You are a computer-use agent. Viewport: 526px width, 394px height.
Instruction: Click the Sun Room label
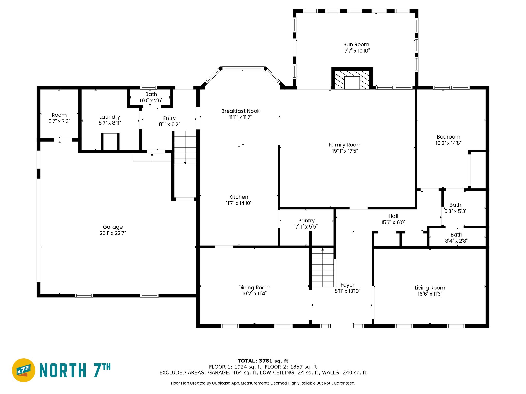tap(356, 45)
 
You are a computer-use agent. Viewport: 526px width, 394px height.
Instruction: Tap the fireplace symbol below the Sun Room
tap(352, 78)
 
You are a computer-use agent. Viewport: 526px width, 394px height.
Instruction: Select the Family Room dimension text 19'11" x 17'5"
tap(345, 151)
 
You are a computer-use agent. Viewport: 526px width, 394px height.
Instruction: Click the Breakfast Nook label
tap(240, 111)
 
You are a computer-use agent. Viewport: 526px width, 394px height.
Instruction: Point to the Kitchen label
tap(239, 197)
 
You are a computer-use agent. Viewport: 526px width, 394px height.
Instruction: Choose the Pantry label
tap(306, 221)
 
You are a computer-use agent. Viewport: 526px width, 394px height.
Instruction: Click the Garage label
tap(113, 227)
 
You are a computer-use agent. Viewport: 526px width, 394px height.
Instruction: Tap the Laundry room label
tap(110, 117)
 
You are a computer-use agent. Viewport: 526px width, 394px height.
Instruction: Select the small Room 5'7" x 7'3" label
tap(59, 118)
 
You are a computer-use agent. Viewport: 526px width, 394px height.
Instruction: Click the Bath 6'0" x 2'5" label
tap(151, 97)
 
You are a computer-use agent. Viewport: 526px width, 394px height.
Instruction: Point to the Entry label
tap(170, 118)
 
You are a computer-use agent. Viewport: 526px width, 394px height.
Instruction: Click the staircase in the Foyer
tap(323, 268)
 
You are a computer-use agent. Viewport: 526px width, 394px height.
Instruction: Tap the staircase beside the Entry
tap(185, 147)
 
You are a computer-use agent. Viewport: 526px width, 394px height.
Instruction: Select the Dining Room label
tap(254, 288)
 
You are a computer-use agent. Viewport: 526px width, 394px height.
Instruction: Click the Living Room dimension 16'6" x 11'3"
tap(430, 294)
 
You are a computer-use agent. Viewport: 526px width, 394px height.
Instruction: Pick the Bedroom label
tap(448, 137)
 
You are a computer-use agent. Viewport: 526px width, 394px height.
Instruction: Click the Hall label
tap(393, 216)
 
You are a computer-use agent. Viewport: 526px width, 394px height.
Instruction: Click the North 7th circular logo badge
tap(24, 370)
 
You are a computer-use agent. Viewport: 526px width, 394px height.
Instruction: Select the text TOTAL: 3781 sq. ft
tap(263, 361)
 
